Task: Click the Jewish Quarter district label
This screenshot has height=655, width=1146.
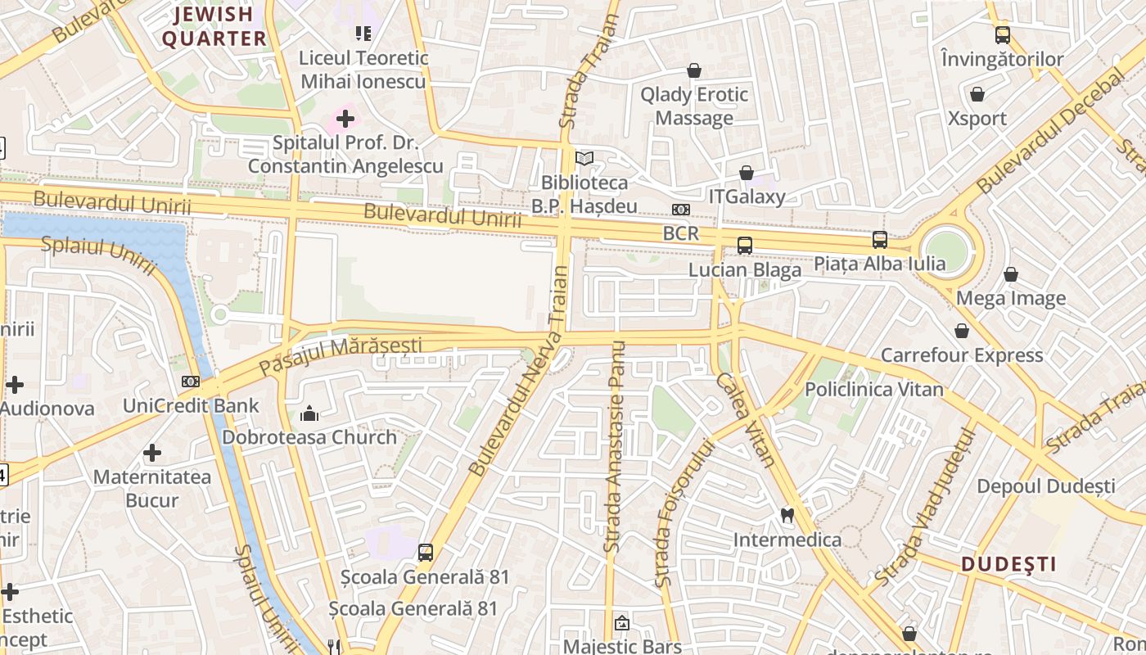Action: [214, 26]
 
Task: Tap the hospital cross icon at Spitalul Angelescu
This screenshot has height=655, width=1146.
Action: [345, 119]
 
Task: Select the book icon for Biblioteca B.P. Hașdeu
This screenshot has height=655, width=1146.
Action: [584, 158]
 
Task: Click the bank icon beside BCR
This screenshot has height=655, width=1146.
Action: [680, 210]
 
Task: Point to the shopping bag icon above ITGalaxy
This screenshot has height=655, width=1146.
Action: [746, 173]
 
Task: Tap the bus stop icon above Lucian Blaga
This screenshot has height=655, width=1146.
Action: [744, 245]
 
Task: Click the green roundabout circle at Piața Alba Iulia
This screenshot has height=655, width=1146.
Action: [946, 251]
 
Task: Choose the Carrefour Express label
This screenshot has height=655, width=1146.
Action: [962, 355]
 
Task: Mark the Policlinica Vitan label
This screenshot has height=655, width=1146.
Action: [874, 389]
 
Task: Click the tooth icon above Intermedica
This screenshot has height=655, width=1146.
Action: [787, 515]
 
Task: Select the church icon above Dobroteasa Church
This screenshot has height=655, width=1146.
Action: [309, 413]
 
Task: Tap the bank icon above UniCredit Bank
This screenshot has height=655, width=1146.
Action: [190, 381]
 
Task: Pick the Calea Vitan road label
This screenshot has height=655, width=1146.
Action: [745, 419]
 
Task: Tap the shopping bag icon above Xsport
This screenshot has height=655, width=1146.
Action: [977, 94]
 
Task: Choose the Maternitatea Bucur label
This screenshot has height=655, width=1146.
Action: [151, 488]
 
